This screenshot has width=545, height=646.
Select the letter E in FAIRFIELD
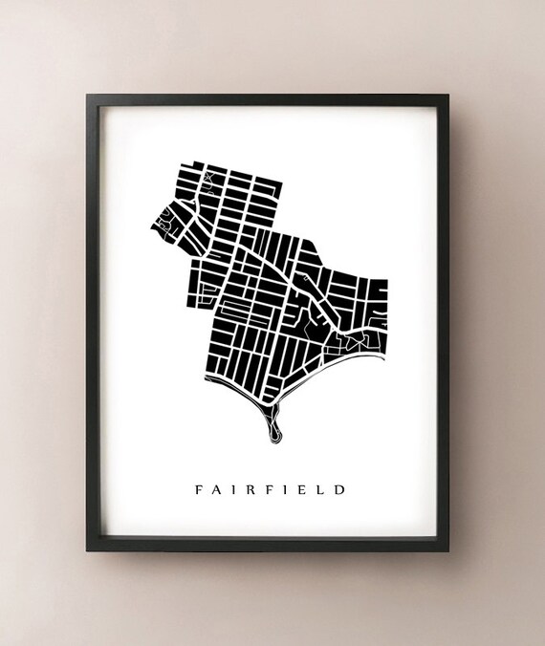tap(305, 490)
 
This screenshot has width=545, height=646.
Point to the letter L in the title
tap(321, 490)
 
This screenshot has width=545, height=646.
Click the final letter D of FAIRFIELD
tap(340, 490)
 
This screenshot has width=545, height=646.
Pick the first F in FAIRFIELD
tap(200, 490)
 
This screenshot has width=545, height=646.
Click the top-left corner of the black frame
tap(87, 95)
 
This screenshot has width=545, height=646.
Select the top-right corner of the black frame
tap(447, 95)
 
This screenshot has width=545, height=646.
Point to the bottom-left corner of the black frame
tap(87, 550)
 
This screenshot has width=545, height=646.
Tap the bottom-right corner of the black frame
tap(447, 550)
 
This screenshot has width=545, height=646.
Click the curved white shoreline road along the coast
tap(239, 392)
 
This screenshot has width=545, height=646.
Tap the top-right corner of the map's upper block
tap(282, 178)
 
